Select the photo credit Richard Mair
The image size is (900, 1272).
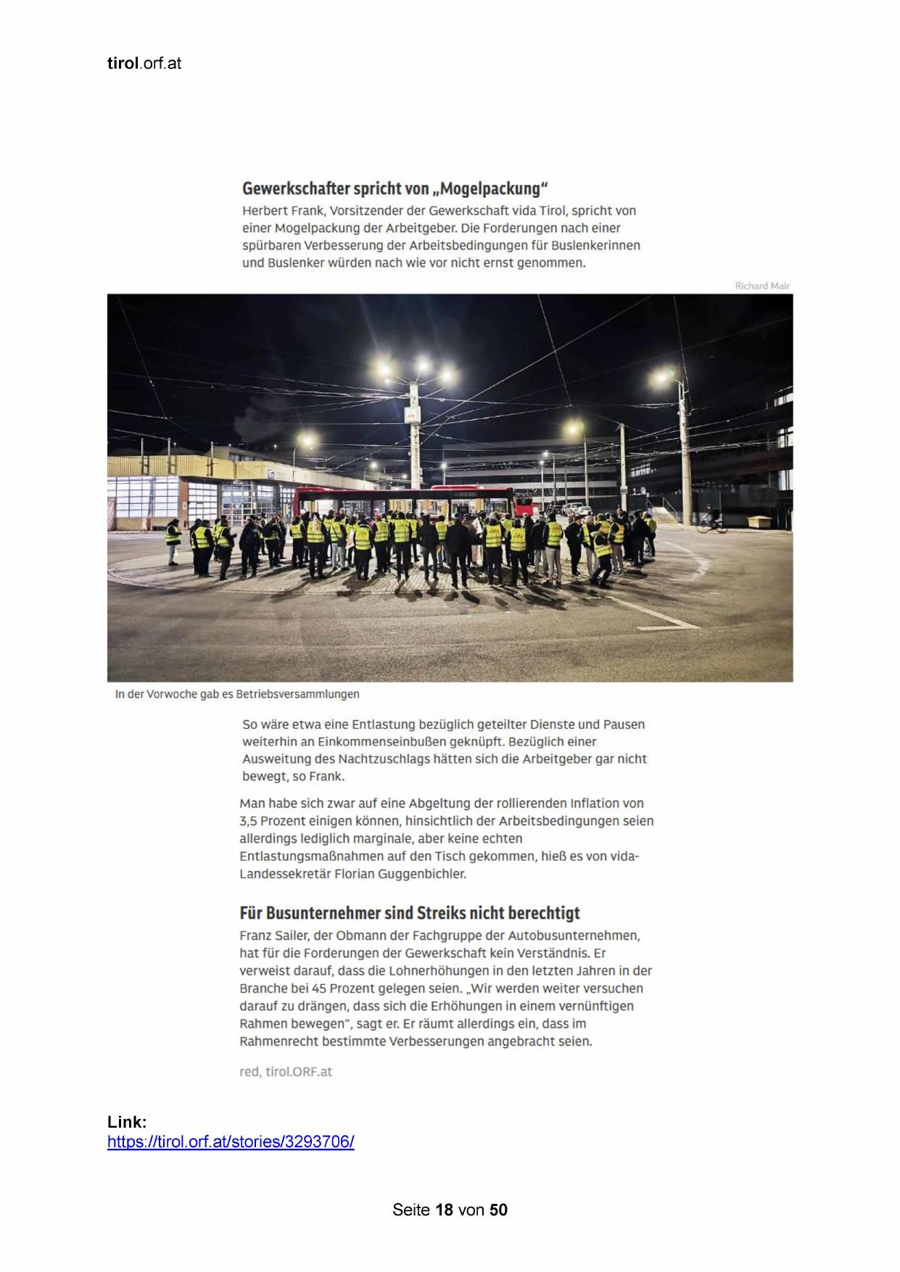pyautogui.click(x=761, y=286)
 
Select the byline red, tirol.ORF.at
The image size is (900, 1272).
pyautogui.click(x=286, y=1071)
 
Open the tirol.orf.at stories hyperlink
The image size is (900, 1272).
pyautogui.click(x=231, y=1142)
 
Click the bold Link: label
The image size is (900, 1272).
pyautogui.click(x=127, y=1122)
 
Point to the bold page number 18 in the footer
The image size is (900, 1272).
pyautogui.click(x=444, y=1210)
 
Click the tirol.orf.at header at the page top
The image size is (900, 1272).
pyautogui.click(x=144, y=64)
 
